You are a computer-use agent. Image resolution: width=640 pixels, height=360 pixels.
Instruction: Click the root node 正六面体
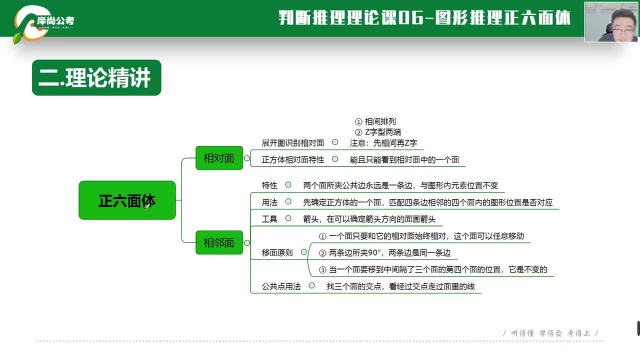(127, 200)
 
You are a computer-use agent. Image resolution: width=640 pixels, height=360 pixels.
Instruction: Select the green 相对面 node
(219, 158)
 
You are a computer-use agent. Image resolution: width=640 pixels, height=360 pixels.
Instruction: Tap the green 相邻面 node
(219, 242)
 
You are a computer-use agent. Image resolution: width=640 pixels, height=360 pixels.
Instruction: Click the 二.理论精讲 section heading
(96, 77)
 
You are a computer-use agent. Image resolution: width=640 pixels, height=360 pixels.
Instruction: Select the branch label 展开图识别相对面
(293, 143)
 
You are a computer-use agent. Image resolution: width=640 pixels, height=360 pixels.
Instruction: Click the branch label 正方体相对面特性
(293, 160)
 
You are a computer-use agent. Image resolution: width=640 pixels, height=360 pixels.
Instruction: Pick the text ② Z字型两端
(377, 132)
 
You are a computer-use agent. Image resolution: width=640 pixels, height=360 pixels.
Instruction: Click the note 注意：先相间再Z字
(383, 143)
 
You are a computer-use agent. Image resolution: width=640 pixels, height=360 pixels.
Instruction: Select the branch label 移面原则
(277, 252)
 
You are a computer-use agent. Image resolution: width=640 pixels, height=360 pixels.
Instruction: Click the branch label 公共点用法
(281, 286)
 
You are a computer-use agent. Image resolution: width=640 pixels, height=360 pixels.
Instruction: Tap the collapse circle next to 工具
(288, 218)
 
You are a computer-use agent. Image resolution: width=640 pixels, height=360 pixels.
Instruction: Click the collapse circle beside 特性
(288, 184)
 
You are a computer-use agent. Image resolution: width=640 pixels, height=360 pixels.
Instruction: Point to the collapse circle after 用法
(288, 201)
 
